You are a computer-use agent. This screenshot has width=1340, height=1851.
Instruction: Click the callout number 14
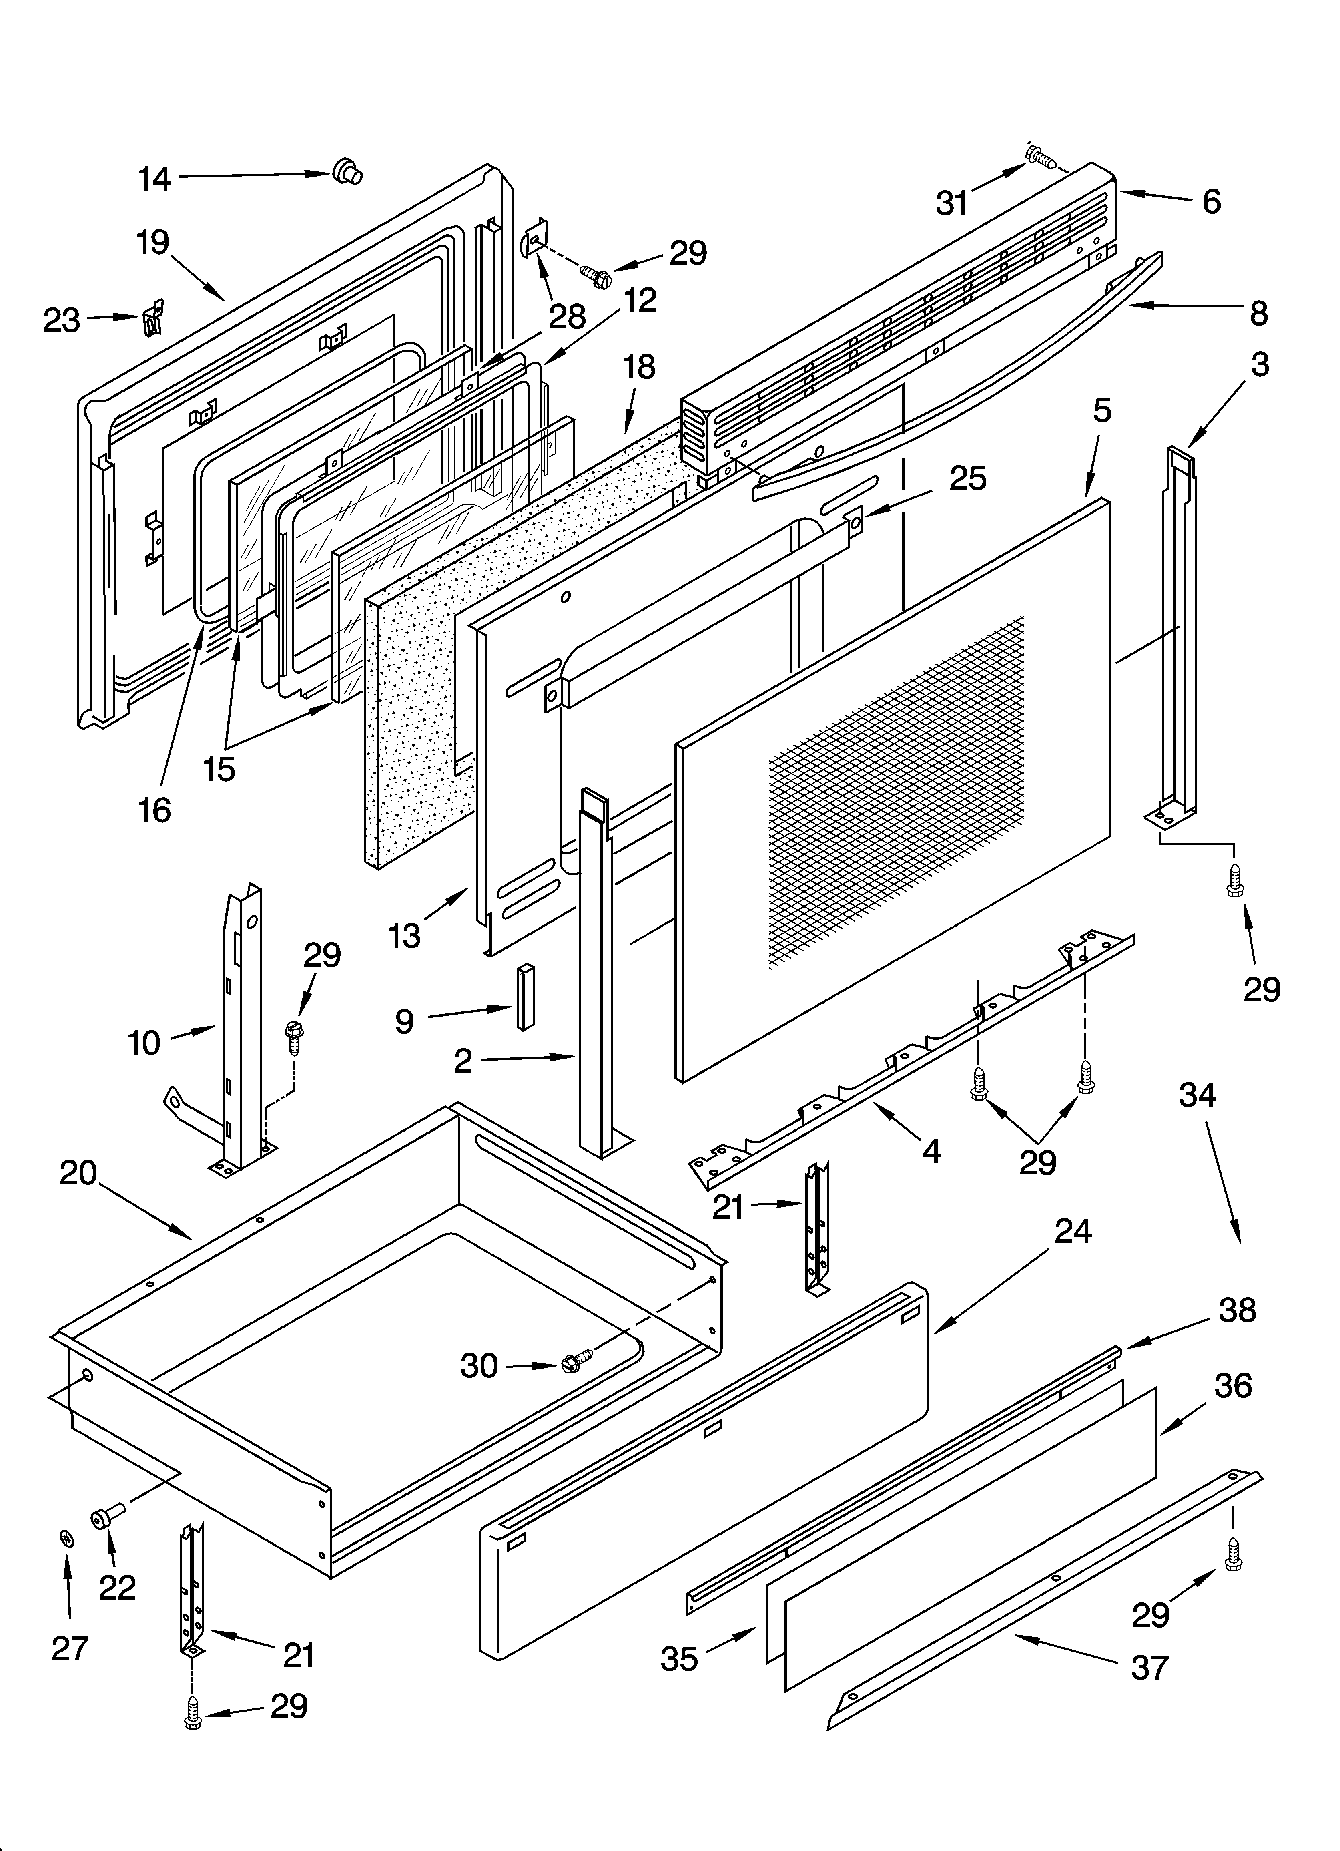pyautogui.click(x=153, y=178)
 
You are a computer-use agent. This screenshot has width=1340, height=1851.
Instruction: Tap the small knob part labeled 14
pyautogui.click(x=347, y=172)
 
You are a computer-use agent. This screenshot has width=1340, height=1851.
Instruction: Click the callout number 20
pyautogui.click(x=78, y=1174)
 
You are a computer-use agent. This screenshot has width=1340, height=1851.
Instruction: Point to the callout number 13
pyautogui.click(x=405, y=935)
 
